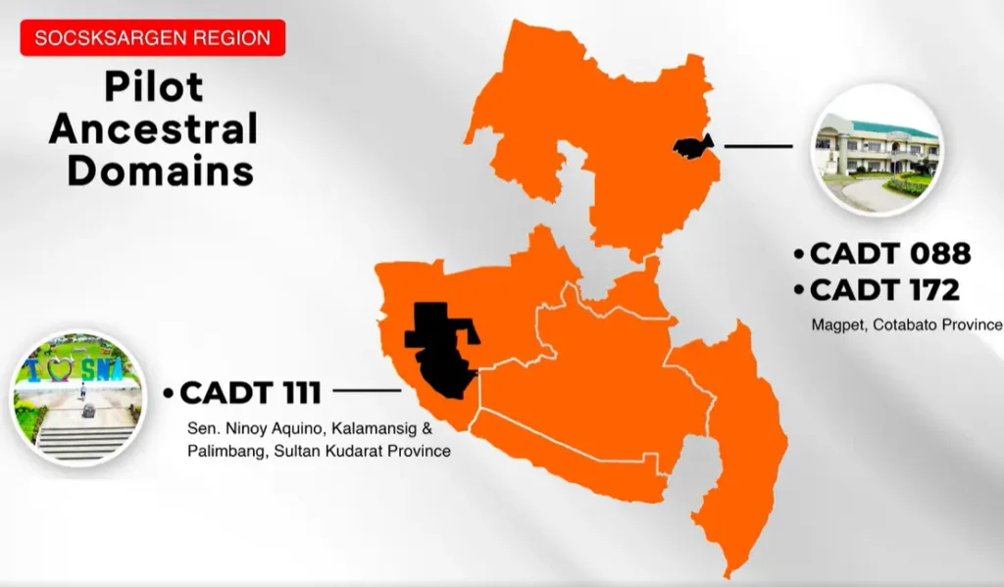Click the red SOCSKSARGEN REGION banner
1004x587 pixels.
pyautogui.click(x=152, y=38)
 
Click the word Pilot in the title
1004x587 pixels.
pyautogui.click(x=154, y=86)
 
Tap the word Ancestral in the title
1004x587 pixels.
pyautogui.click(x=154, y=128)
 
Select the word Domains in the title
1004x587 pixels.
pyautogui.click(x=160, y=171)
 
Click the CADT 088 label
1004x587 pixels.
pyautogui.click(x=890, y=254)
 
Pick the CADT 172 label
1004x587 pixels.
pyautogui.click(x=885, y=290)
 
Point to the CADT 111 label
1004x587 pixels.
pyautogui.click(x=250, y=392)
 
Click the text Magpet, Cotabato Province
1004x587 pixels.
pyautogui.click(x=907, y=324)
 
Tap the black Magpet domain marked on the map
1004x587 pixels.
pyautogui.click(x=693, y=147)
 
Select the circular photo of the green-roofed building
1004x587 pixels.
pyautogui.click(x=878, y=150)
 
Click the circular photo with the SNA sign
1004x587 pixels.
pyautogui.click(x=78, y=398)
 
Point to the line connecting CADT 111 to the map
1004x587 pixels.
pyautogui.click(x=367, y=390)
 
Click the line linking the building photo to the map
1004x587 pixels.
pyautogui.click(x=758, y=146)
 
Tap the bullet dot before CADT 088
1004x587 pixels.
pyautogui.click(x=798, y=254)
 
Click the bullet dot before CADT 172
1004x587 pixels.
pyautogui.click(x=798, y=291)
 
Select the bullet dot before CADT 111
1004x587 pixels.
pyautogui.click(x=169, y=393)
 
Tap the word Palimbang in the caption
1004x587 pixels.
pyautogui.click(x=227, y=452)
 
